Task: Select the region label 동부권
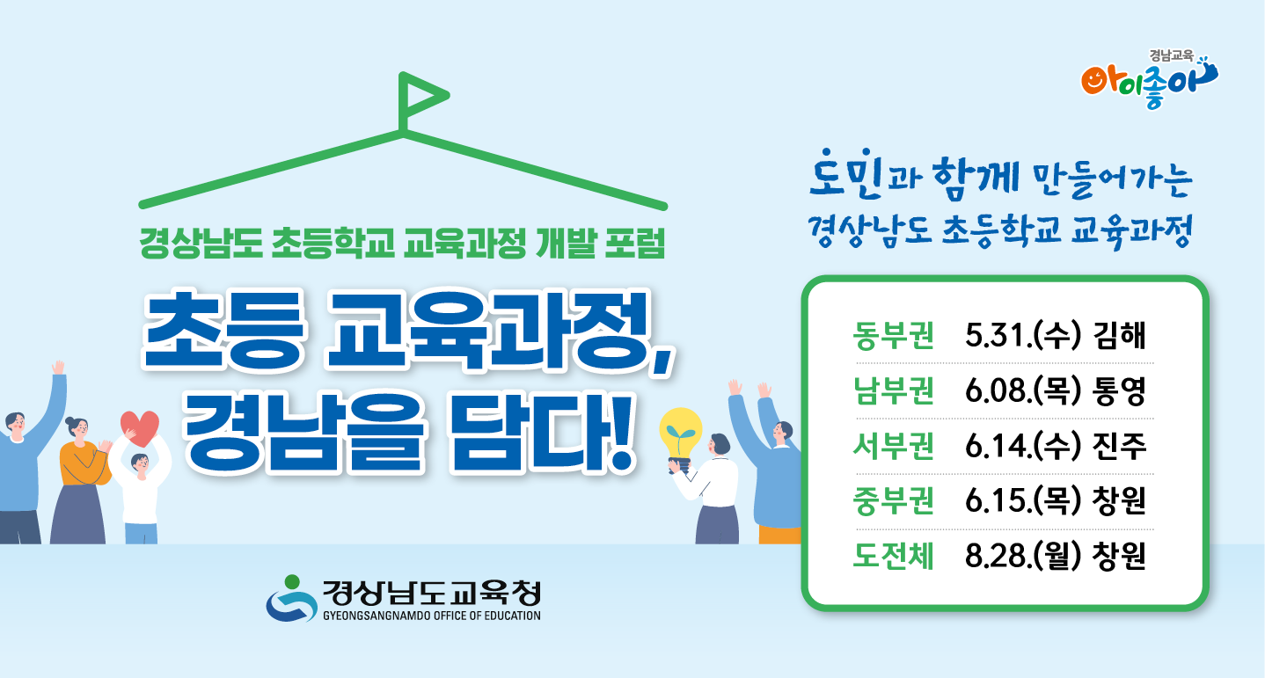(x=894, y=336)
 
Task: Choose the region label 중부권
(x=894, y=502)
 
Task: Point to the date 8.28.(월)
(x=1022, y=558)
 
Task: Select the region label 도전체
(x=894, y=558)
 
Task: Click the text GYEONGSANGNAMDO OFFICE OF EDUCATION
(x=431, y=616)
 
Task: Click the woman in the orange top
(x=82, y=475)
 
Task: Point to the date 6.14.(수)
(x=1022, y=448)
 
